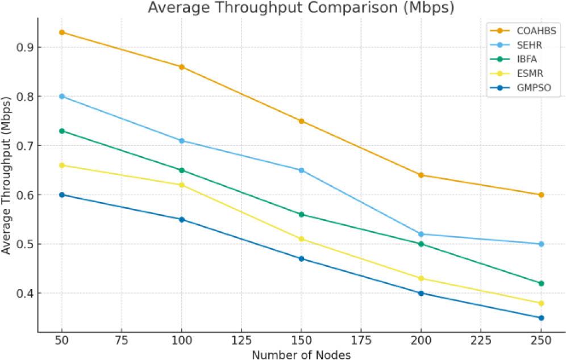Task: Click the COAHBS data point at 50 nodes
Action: [x=62, y=32]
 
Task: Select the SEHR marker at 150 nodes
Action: [x=301, y=170]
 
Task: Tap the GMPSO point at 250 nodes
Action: [x=541, y=318]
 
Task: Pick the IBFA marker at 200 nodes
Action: [x=421, y=244]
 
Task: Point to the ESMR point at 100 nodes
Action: [x=182, y=185]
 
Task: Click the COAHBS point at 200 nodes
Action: [x=421, y=175]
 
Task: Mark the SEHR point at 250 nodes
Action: [x=541, y=244]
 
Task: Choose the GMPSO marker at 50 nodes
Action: [x=62, y=195]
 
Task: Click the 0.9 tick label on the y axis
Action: [x=24, y=47]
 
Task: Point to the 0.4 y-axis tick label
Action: [x=24, y=294]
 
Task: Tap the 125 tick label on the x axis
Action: [x=242, y=342]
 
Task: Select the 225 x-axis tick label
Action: [x=481, y=342]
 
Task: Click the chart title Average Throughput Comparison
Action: [x=301, y=8]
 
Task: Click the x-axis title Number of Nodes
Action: [x=301, y=355]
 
